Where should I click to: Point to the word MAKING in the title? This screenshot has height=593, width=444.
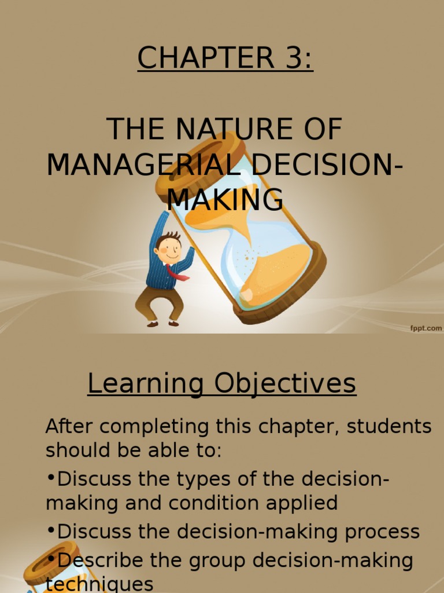pos(225,200)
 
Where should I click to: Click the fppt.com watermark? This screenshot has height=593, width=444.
pos(426,328)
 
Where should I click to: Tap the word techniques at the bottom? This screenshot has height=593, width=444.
pos(99,584)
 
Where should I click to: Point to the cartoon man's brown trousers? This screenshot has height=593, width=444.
pos(160,301)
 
